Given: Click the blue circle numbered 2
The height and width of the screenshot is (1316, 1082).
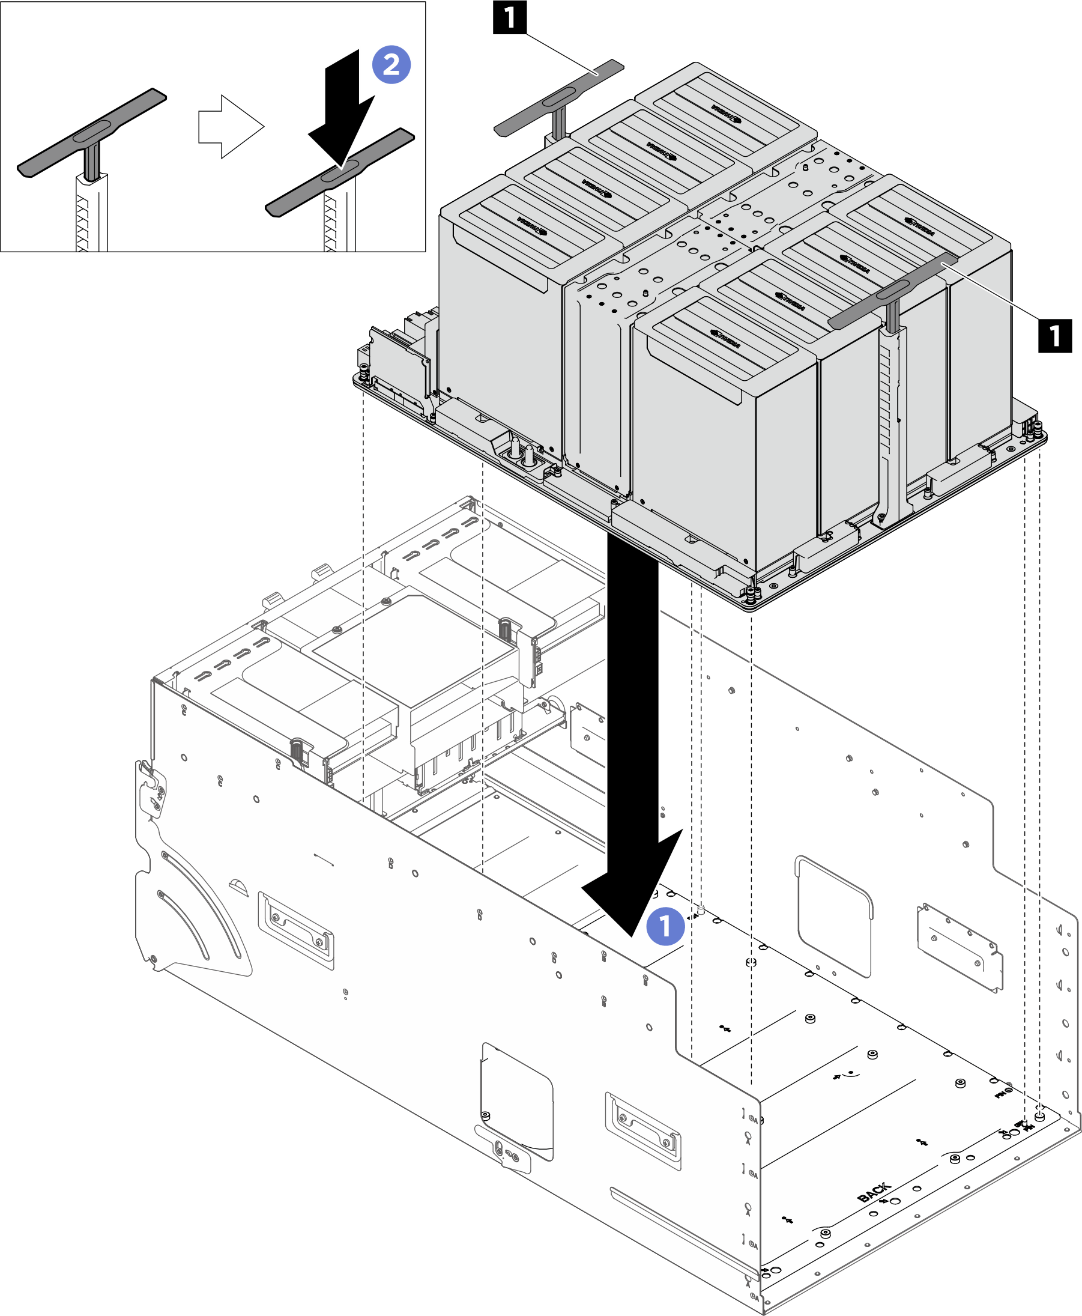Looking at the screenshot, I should tap(391, 65).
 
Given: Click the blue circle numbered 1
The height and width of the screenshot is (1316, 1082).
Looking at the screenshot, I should tap(665, 926).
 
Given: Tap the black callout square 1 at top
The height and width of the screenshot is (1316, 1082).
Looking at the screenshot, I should tap(509, 17).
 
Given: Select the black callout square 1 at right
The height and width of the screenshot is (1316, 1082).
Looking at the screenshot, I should tap(1054, 335).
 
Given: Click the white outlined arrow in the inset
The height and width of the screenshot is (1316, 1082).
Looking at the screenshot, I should tap(231, 127).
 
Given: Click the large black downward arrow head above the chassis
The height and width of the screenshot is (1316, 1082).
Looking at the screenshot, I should tap(633, 885).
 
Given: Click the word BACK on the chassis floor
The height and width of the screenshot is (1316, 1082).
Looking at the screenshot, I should tap(874, 1192).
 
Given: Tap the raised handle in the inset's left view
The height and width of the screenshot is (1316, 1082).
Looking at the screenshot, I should tap(92, 132).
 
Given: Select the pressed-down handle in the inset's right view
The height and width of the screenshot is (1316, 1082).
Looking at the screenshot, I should tap(340, 172).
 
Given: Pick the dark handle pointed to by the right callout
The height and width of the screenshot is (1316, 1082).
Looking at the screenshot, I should tap(892, 291).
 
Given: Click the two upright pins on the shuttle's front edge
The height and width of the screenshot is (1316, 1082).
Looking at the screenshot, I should tap(522, 452).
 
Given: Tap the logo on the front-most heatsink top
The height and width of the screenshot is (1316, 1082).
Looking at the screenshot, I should tap(725, 339).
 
